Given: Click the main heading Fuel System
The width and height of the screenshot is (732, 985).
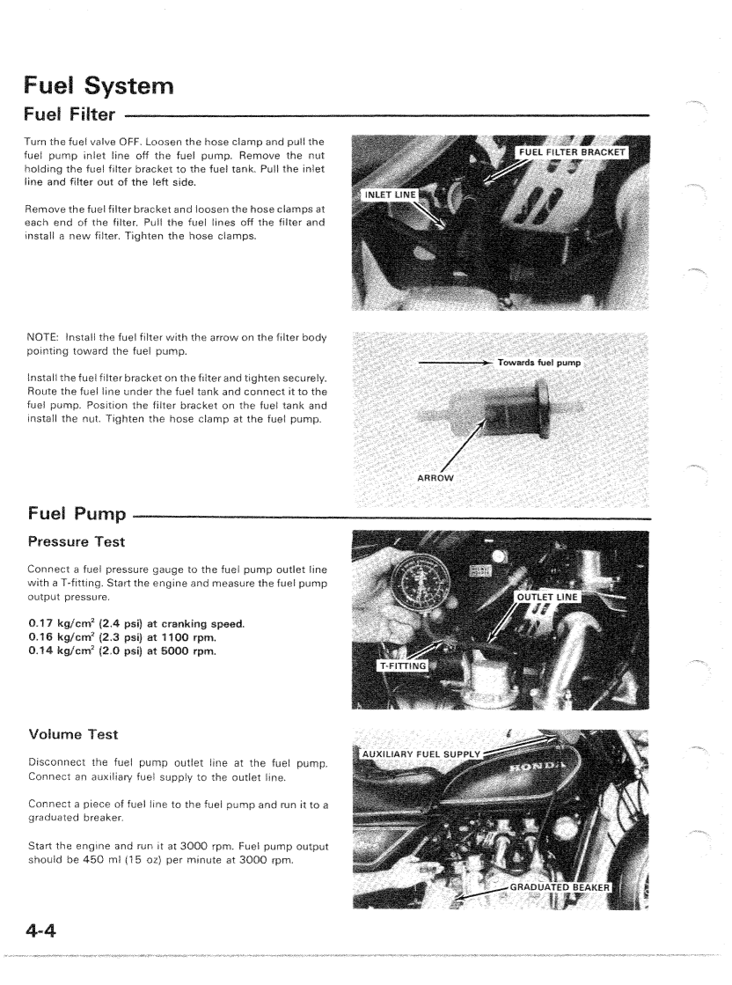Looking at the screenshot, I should (x=99, y=86).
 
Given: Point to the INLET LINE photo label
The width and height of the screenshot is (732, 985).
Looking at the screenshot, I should (x=392, y=195).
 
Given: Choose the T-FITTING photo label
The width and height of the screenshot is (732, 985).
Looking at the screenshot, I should (x=403, y=665).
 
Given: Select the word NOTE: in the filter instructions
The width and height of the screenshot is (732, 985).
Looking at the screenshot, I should (x=44, y=338).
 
